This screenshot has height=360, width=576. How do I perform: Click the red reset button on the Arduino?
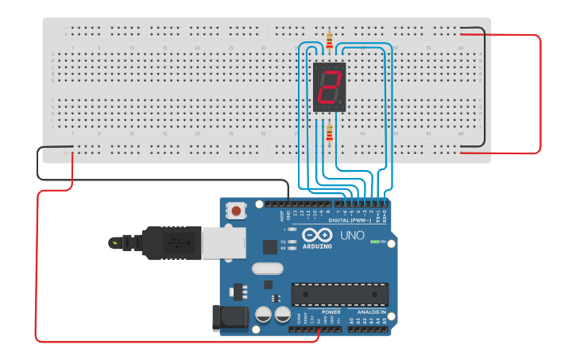[x=236, y=211]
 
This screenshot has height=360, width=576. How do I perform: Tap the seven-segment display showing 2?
[x=330, y=87]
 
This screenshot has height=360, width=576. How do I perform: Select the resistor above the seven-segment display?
[x=330, y=37]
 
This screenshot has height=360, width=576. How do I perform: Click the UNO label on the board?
[x=352, y=236]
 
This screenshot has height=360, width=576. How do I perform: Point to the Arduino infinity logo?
[x=316, y=236]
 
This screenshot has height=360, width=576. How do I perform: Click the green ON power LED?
[x=373, y=242]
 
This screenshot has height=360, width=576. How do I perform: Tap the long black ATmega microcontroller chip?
[x=339, y=294]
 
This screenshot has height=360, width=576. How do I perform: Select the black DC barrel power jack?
[x=227, y=319]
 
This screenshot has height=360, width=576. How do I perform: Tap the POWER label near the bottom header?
[x=331, y=312]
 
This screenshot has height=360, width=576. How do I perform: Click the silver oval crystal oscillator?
[x=268, y=269]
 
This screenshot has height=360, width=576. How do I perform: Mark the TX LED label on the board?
[x=284, y=241]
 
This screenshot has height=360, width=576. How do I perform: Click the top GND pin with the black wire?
[x=288, y=204]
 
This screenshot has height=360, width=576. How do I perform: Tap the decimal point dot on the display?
[x=344, y=106]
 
